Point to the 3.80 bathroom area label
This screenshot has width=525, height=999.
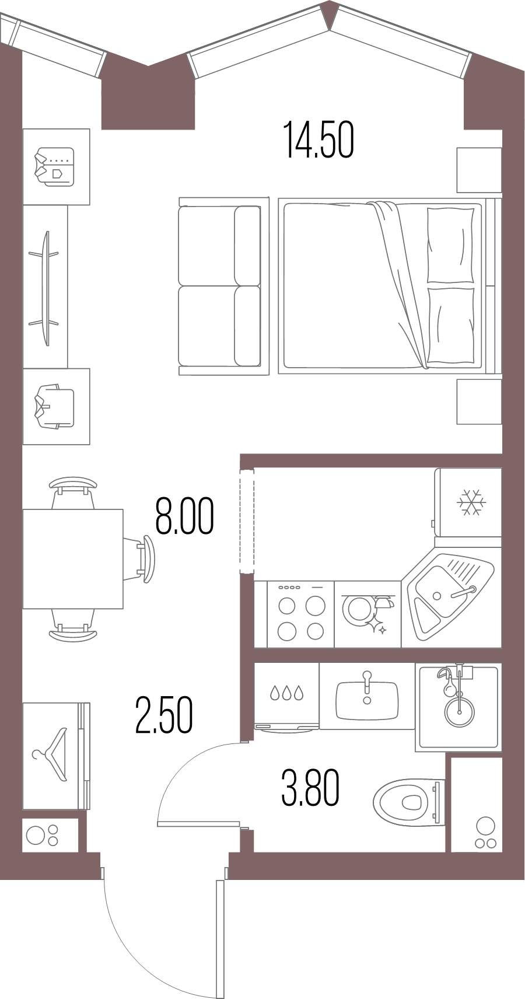coord(310,788)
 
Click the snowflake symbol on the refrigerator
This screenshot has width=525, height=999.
coord(471,502)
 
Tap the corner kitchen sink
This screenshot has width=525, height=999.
coord(451,597)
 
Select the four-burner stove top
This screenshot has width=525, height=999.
coord(300,614)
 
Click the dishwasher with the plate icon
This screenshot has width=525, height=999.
coord(367,614)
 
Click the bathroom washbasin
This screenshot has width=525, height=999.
coord(367,700)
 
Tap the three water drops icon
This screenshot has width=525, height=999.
coord(286,693)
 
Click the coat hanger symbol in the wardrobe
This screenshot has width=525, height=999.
coord(50,754)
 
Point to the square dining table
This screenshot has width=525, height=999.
coord(73,559)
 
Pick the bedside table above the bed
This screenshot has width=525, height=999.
coord(480,169)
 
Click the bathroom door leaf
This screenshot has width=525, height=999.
coord(199,824)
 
